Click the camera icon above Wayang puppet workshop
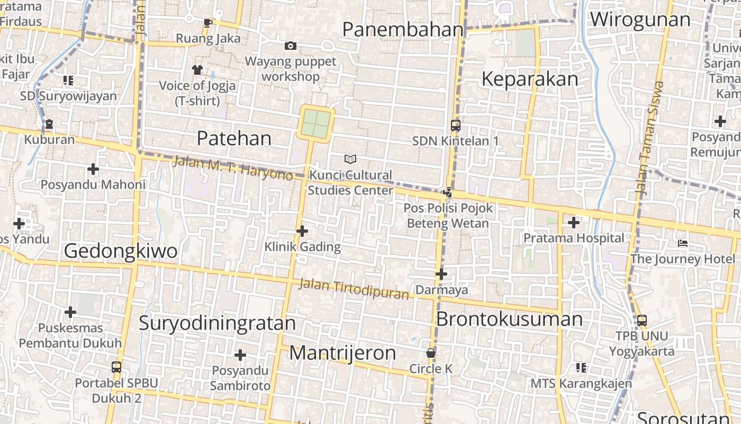coord(290,46)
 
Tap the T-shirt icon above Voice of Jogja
coord(197,69)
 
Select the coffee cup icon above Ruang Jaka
coord(208,23)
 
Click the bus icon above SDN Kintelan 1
coord(455,126)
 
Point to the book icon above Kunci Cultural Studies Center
coord(350,159)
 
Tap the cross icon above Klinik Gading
coord(302,231)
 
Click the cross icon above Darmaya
coord(441,274)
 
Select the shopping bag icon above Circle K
coord(431,353)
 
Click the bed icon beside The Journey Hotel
coord(683,243)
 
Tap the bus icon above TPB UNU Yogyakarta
coord(641,320)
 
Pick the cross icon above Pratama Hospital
coord(573,222)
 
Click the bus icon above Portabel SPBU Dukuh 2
coord(116,367)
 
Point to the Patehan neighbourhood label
coord(234,138)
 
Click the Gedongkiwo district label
coord(121,251)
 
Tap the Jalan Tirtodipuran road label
coord(354,289)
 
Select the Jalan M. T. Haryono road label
coord(233,167)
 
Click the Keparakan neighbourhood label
coord(530,79)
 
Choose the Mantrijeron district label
coord(342,353)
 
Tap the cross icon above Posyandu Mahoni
coord(93,169)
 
